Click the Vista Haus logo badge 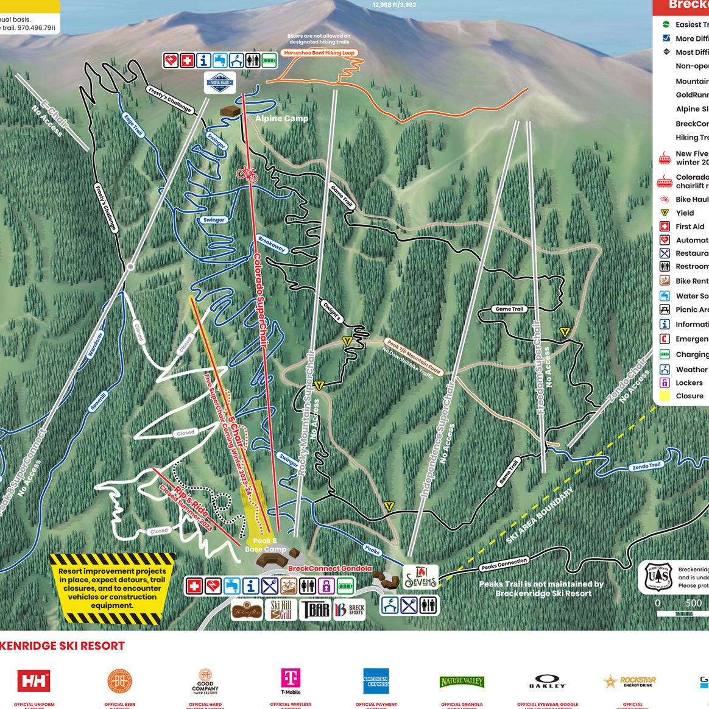(x=219, y=83)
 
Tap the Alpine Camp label (x=281, y=118)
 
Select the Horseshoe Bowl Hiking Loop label (x=319, y=53)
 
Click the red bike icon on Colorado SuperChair (x=247, y=174)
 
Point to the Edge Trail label (x=133, y=124)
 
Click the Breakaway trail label (x=272, y=244)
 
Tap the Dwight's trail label (x=332, y=311)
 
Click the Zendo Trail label (x=646, y=466)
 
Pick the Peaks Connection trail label (x=504, y=565)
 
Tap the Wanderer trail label (x=96, y=344)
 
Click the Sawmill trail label (x=98, y=401)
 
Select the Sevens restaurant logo (x=420, y=577)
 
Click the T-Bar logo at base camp (x=315, y=609)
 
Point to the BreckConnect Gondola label (x=330, y=568)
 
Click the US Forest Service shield (x=658, y=577)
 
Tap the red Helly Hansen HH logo (x=34, y=680)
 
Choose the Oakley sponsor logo (x=547, y=682)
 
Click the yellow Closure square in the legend (x=665, y=396)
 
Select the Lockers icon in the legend (x=665, y=383)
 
